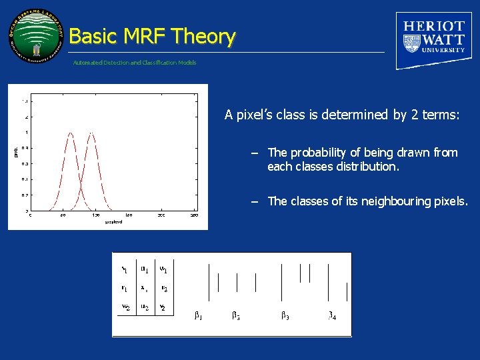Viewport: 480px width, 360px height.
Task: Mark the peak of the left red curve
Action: [71, 133]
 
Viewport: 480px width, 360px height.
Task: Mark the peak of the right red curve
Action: [91, 133]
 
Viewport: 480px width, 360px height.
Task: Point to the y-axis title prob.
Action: [15, 153]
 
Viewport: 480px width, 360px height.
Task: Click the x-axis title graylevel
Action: [113, 222]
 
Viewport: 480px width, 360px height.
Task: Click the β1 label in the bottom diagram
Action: [198, 315]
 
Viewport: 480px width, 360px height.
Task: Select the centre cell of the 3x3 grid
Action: [144, 289]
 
